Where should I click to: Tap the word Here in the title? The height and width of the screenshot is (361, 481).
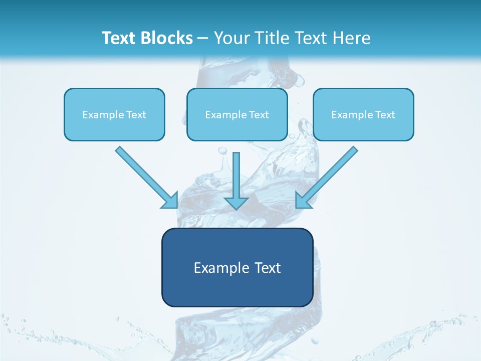tap(350, 38)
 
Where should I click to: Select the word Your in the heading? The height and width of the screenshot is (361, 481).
tap(231, 38)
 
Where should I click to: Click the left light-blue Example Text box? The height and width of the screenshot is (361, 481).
tap(114, 115)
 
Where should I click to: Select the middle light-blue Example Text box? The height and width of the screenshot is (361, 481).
tap(237, 115)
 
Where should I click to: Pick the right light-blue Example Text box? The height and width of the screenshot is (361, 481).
tap(363, 115)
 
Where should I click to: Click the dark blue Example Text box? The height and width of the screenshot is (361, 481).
tap(237, 268)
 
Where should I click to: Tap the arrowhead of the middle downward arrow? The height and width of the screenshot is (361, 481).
tap(236, 203)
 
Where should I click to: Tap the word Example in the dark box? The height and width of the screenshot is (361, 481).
tap(218, 268)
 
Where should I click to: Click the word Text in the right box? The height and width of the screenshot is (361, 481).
tap(385, 115)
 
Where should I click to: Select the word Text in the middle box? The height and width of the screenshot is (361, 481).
tap(259, 115)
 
